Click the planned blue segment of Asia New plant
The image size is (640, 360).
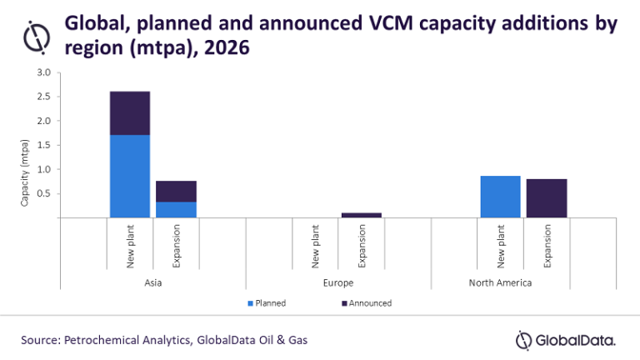point(130,176)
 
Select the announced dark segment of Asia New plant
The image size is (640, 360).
point(130,112)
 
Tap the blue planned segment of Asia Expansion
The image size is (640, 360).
point(176,209)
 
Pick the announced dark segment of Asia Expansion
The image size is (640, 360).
point(176,191)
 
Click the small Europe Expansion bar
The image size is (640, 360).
point(361,215)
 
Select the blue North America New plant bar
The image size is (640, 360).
point(500,197)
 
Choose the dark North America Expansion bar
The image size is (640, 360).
point(547,198)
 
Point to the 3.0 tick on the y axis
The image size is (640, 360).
point(44,73)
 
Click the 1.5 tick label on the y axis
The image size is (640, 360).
point(44,145)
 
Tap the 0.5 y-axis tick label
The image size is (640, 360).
point(44,193)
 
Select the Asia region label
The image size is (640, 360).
point(152,282)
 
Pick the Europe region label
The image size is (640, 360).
point(337,282)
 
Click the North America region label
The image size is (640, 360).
point(523,282)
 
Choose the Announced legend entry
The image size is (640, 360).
point(366,303)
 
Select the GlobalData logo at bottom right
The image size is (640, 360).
point(566,340)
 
